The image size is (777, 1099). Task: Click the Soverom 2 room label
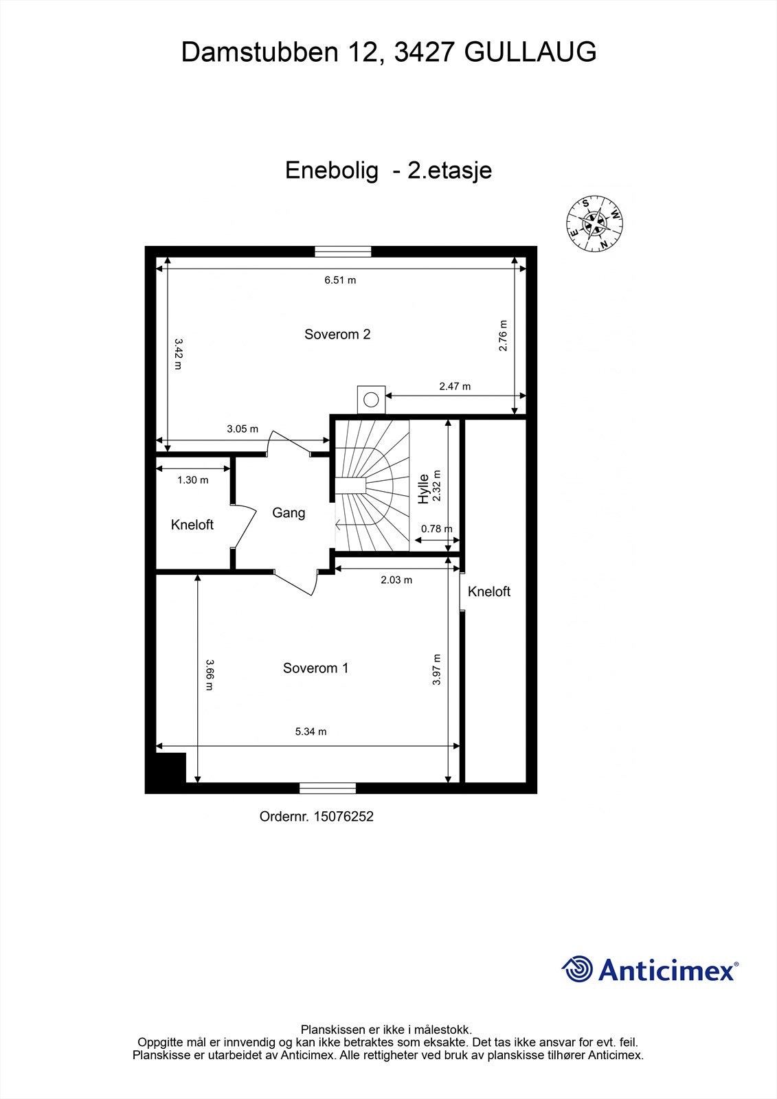[337, 335]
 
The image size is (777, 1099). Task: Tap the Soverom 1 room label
[315, 668]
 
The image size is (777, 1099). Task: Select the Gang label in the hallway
[289, 512]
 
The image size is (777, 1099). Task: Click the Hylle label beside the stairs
[424, 488]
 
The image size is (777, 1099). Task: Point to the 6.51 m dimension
[340, 280]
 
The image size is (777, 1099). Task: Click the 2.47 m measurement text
[455, 386]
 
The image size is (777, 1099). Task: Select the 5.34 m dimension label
[311, 732]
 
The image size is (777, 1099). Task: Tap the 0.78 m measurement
[436, 528]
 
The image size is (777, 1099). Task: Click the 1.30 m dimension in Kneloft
[192, 480]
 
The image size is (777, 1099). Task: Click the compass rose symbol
[594, 224]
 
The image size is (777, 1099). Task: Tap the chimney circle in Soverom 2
[372, 399]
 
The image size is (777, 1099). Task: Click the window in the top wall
[343, 251]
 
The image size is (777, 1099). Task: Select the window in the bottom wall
[327, 788]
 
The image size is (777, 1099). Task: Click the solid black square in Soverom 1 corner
[170, 767]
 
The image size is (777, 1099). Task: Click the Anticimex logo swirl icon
[577, 969]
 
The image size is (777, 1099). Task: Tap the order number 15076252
[343, 817]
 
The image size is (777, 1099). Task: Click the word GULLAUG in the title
[530, 52]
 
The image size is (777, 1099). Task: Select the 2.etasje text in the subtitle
[449, 170]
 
